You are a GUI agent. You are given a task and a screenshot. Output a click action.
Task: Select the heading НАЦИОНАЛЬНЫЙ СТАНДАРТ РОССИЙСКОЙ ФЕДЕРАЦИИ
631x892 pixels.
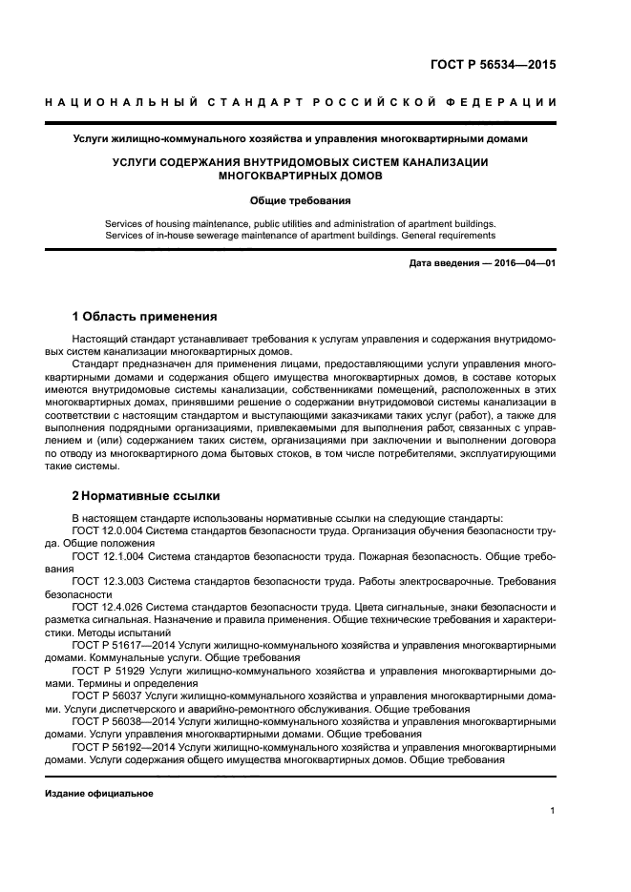coord(301,102)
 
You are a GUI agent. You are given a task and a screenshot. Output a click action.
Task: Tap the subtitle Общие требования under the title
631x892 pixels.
coord(300,201)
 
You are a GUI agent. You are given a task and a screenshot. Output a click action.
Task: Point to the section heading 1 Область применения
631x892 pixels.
coord(144,316)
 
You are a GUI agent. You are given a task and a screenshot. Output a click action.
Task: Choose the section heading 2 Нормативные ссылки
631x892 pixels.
coord(146,496)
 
